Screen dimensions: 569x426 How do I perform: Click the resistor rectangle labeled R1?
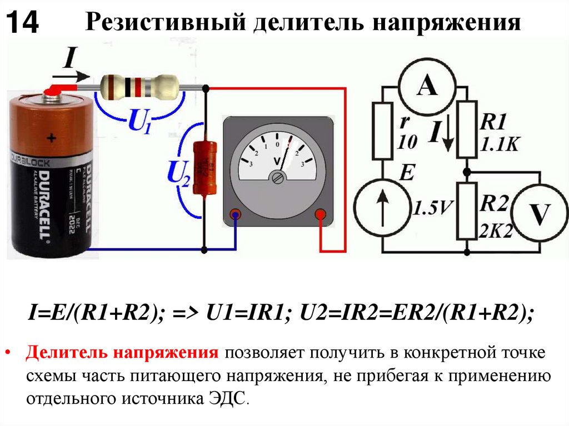(468, 129)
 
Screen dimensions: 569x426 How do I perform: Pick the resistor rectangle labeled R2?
(468, 211)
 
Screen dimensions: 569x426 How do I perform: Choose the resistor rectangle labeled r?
(383, 130)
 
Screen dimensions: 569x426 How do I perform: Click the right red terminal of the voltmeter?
(320, 214)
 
